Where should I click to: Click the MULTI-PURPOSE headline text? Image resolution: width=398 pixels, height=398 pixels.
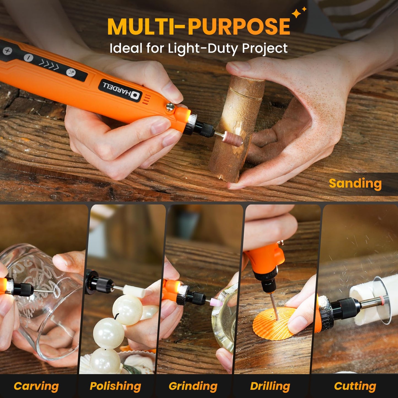point(198,27)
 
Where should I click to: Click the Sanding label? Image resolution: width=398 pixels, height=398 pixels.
point(355,184)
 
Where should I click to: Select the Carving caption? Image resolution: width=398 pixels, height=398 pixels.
point(36,386)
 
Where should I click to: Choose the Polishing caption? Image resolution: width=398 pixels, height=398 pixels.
point(115,386)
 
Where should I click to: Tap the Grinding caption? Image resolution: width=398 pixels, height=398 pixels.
point(193,386)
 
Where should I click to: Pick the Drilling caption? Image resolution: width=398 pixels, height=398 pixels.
point(270,386)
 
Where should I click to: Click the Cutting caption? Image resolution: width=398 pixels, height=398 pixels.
point(355,386)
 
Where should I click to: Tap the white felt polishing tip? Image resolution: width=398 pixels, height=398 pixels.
point(134,291)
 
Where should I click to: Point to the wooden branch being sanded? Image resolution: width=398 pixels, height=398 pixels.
point(237,127)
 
